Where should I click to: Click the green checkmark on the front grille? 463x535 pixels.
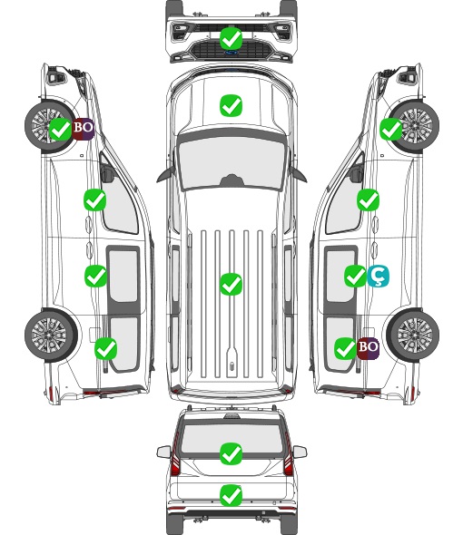coord(231,38)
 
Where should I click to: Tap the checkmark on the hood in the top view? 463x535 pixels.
coord(231,105)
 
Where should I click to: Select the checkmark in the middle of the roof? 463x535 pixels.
coord(231,284)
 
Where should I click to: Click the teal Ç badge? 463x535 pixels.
coord(378,276)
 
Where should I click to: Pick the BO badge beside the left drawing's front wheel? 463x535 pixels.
coord(83,129)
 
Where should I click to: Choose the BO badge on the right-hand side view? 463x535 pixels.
coord(368,348)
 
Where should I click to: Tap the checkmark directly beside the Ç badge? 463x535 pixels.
coord(355,276)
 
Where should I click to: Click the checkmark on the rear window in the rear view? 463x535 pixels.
coord(231,453)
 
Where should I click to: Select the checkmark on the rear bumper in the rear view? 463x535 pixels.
coord(231,495)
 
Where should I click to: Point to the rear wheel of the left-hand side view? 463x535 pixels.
coord(51,336)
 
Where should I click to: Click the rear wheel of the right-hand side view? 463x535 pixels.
coord(413,336)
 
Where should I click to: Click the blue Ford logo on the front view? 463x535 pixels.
coord(231,53)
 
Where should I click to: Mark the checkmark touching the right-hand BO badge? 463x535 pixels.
coord(345,348)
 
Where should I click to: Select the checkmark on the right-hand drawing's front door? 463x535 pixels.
coord(368,199)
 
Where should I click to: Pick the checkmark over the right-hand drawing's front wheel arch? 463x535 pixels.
coord(391,129)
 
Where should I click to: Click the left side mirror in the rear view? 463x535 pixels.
coord(163,452)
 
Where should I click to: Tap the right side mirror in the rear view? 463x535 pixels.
coord(300,452)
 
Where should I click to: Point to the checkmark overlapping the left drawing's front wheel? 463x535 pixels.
coord(61,129)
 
